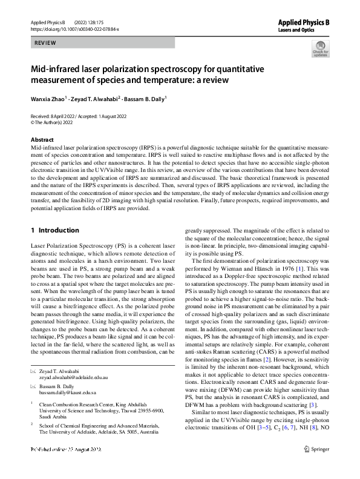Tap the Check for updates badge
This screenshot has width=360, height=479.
click(x=320, y=48)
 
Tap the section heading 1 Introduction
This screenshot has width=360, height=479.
click(x=54, y=231)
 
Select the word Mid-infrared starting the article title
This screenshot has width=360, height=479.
click(x=55, y=69)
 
